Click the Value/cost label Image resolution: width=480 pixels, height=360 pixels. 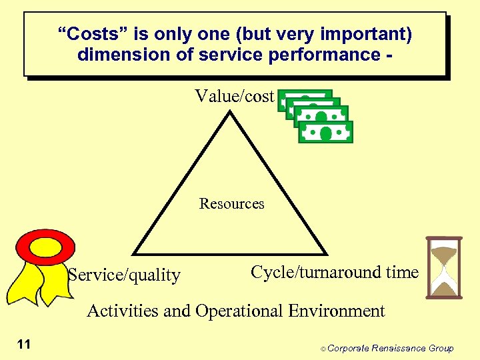pyautogui.click(x=234, y=97)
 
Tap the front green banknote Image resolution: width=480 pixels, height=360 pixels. pyautogui.click(x=325, y=132)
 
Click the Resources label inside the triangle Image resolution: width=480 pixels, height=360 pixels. pyautogui.click(x=231, y=204)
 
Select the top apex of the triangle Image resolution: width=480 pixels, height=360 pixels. pyautogui.click(x=230, y=112)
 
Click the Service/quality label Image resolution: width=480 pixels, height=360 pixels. pyautogui.click(x=125, y=275)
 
